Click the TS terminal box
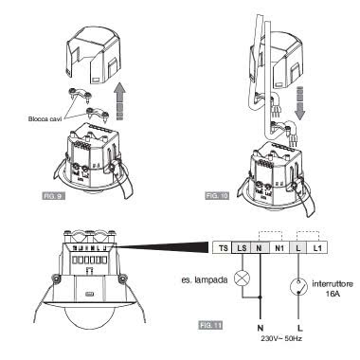point(223,248)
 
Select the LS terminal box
point(242,248)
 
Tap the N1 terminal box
point(279,248)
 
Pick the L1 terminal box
point(317,248)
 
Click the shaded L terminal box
point(298,248)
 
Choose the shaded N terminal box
point(261,248)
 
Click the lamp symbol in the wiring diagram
point(243,279)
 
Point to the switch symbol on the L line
point(298,287)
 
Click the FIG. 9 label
point(53,196)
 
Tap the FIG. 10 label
point(217,196)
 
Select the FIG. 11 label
point(210,325)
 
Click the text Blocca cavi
point(43,119)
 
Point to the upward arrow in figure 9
point(119,100)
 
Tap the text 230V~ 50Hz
point(281,338)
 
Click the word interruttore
point(333,284)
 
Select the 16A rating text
point(333,294)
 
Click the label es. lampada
point(205,279)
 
